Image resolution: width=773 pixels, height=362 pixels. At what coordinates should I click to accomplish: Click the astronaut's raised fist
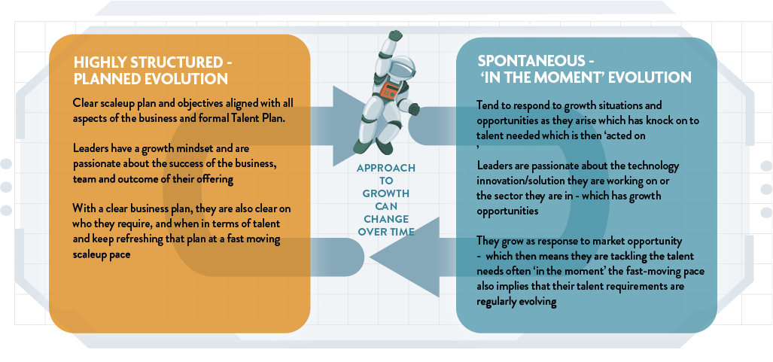click(x=395, y=36)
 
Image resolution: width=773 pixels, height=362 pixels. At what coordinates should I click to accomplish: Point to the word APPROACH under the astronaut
click(x=386, y=168)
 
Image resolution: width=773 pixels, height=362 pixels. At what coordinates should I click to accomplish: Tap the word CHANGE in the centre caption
click(x=387, y=218)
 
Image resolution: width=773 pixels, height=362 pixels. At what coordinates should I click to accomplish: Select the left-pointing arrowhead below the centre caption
click(x=405, y=257)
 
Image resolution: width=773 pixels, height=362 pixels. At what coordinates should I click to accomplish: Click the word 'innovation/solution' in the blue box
click(x=522, y=181)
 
